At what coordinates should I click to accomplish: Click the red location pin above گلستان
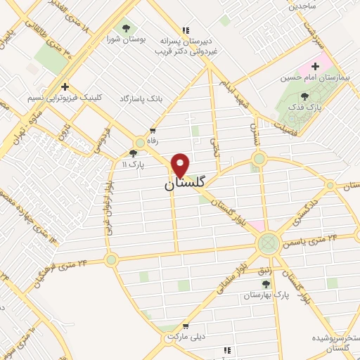[181, 165]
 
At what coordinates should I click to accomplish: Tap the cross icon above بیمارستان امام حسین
[316, 66]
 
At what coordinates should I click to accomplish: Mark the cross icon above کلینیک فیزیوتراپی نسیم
[65, 86]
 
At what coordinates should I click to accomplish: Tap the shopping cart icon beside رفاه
[153, 131]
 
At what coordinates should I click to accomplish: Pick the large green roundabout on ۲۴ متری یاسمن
[267, 244]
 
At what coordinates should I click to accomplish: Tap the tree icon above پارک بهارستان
[266, 284]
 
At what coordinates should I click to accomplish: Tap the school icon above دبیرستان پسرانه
[186, 30]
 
